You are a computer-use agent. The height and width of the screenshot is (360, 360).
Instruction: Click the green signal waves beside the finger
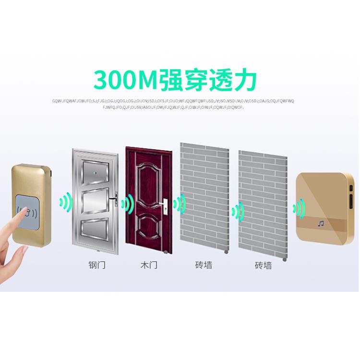click(65, 202)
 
